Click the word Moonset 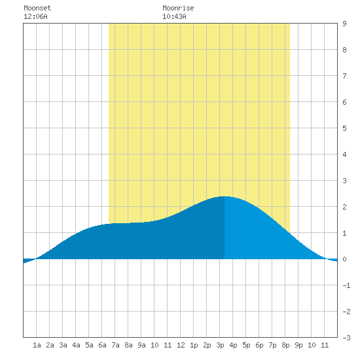[x=37, y=8]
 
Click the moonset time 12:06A [x=35, y=16]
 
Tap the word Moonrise [x=178, y=8]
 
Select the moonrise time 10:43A [x=174, y=16]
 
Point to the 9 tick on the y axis [x=344, y=24]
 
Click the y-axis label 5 [x=344, y=128]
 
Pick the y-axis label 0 [x=344, y=259]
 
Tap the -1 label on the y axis [x=346, y=285]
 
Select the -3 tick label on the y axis [x=346, y=338]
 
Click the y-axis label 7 [x=344, y=76]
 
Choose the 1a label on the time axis [x=37, y=345]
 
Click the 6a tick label [x=102, y=345]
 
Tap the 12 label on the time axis [x=181, y=345]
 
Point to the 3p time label [x=220, y=345]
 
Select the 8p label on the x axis [x=285, y=345]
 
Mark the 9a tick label [x=141, y=345]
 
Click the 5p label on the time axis [x=246, y=345]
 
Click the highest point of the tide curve [x=225, y=196]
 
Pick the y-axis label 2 [x=344, y=207]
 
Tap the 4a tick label [x=76, y=345]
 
